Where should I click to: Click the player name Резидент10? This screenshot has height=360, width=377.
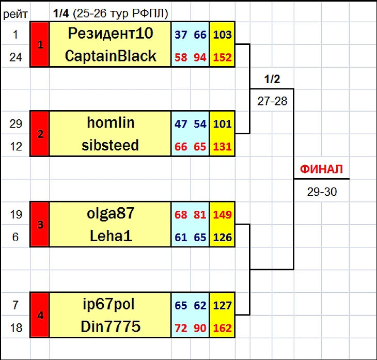coord(111,34)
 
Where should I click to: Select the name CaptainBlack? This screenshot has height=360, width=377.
coord(111,56)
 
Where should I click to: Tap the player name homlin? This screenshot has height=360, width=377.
coord(111,122)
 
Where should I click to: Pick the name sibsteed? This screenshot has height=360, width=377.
coord(110,145)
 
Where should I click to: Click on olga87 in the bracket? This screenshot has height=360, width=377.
coord(111,213)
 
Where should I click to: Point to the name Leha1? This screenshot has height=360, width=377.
coord(111,236)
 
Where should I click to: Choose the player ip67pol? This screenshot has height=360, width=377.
coord(108,305)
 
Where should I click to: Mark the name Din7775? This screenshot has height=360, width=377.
coord(111,326)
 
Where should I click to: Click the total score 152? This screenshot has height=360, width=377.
coord(223,57)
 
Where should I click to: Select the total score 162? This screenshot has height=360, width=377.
coord(223,328)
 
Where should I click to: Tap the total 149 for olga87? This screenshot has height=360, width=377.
coord(223,214)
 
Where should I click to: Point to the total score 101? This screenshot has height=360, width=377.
coord(223,124)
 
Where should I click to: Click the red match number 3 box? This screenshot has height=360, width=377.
coord(40,224)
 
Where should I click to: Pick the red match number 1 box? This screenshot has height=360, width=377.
coord(40,44)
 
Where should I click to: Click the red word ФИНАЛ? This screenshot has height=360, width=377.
coord(321,169)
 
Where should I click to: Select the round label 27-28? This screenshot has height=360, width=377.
coord(272,101)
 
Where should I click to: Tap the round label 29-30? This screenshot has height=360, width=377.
coord(322,192)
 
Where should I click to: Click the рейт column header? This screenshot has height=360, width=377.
coord(15,14)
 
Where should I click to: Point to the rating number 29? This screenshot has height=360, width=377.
coord(15,124)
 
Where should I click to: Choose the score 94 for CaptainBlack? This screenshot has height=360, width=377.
coord(200,57)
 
